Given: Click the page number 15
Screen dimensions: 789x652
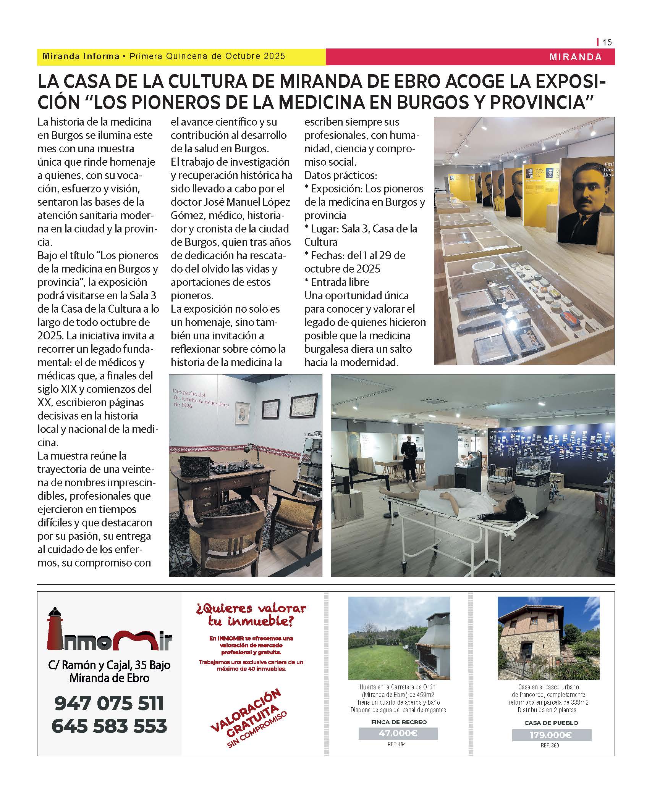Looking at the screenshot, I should (x=607, y=42).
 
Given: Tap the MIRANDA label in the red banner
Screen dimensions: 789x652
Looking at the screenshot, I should (x=576, y=57).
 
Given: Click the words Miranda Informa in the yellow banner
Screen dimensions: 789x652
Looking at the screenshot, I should (x=81, y=56).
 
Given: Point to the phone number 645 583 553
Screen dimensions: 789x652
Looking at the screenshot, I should (x=109, y=726).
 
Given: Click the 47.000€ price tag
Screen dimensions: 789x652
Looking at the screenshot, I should (x=398, y=733).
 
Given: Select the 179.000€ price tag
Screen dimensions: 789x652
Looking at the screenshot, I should (x=551, y=735).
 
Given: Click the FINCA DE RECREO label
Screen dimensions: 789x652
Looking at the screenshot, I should (x=399, y=722).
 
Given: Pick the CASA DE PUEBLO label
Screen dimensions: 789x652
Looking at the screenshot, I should (x=551, y=723).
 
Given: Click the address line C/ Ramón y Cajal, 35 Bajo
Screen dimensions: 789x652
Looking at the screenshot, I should (x=109, y=665).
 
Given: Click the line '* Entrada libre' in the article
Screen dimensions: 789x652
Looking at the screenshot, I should (x=337, y=282).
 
